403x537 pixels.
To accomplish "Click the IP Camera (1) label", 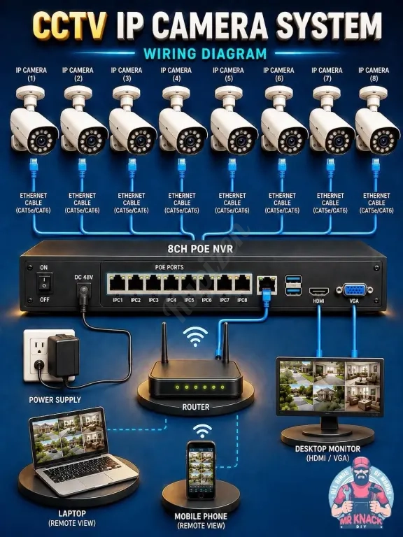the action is coord(31,74).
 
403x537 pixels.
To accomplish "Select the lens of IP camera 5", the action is coord(240,140).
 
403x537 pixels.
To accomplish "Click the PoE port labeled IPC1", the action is coord(118,284).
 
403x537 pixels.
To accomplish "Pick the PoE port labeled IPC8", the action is coord(242,284).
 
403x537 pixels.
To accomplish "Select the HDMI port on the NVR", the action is coord(319,292).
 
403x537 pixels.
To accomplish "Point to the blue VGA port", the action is coord(354,290).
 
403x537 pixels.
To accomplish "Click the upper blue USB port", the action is coord(294,279).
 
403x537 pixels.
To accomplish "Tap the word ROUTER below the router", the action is coord(196,407).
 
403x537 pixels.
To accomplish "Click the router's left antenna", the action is coord(164,343).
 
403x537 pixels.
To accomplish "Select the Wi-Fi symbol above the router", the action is coord(195,336).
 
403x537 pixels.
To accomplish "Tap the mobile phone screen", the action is coord(201,469).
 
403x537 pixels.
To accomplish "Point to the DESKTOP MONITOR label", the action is coord(327,449).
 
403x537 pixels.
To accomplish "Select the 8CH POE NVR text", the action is coord(200,249).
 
